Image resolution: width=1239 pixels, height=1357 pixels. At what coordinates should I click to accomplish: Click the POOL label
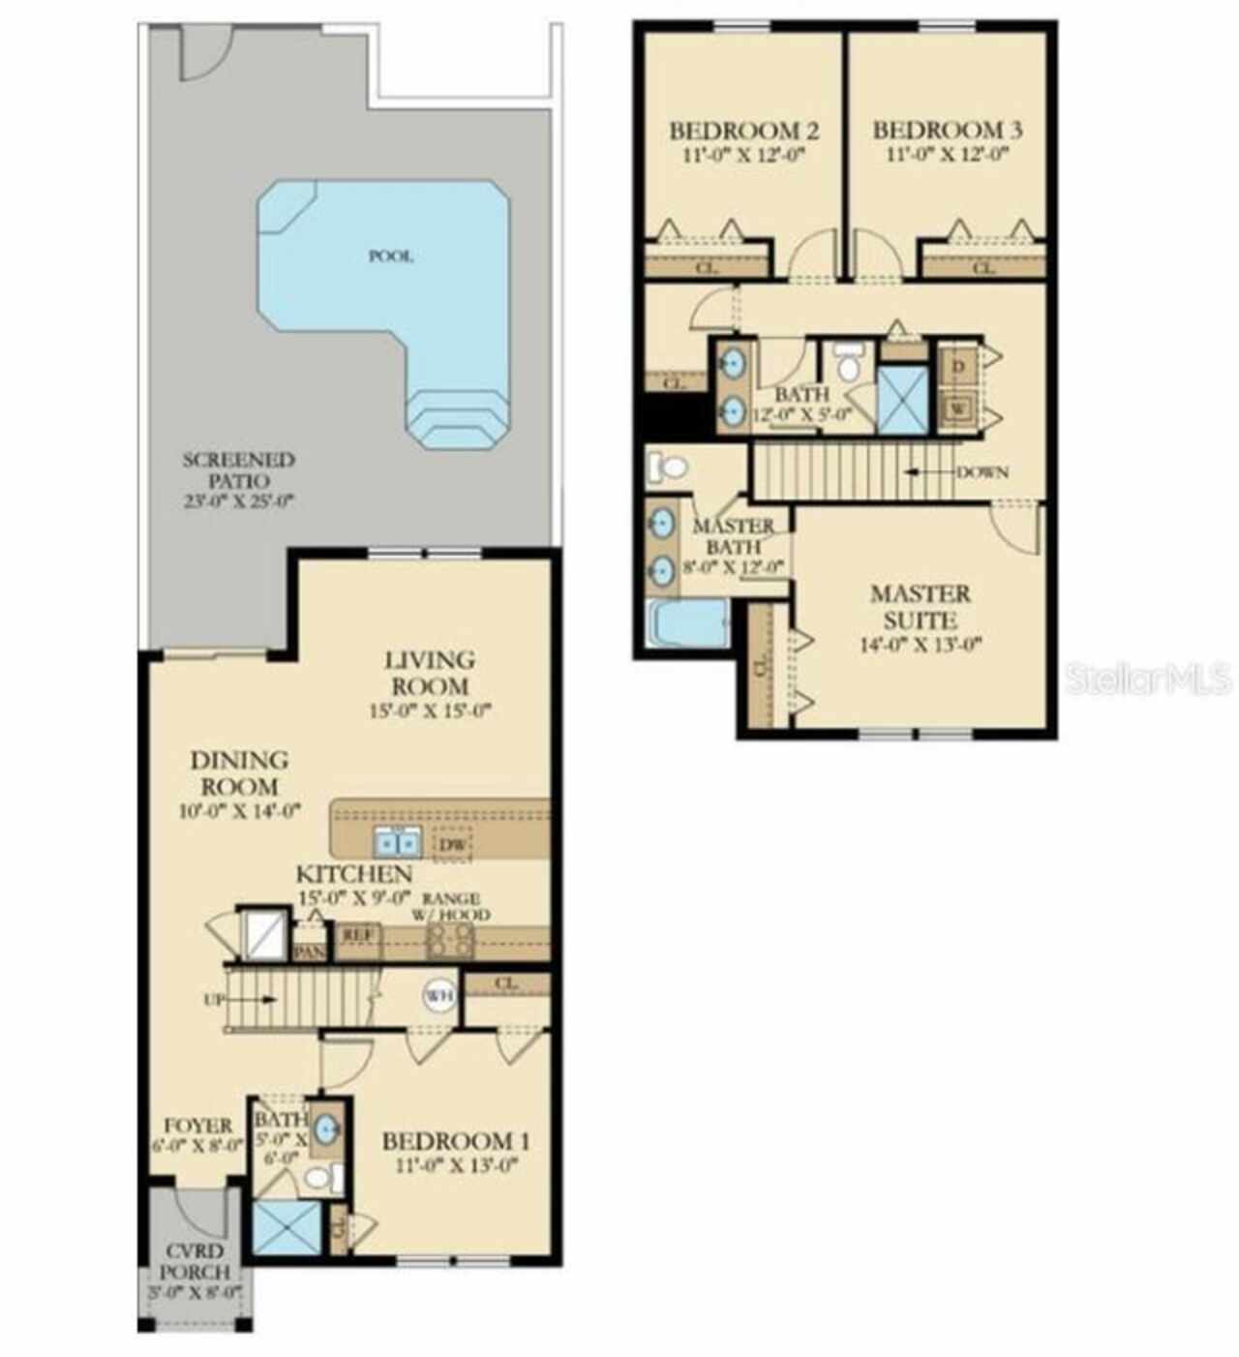click(x=391, y=256)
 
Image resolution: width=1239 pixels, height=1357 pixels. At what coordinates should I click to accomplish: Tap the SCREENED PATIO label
click(x=238, y=470)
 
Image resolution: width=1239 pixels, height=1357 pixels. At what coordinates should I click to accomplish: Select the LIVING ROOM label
click(x=430, y=673)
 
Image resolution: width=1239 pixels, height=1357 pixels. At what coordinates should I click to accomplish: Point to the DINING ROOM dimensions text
click(x=239, y=811)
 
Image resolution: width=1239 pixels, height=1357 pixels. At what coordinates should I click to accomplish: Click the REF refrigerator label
click(x=358, y=936)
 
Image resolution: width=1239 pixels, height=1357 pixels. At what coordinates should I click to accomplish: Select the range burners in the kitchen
click(x=450, y=939)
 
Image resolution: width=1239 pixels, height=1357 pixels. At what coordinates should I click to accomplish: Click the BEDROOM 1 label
click(x=455, y=1141)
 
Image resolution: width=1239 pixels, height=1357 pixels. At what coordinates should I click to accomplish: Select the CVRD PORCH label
click(x=195, y=1261)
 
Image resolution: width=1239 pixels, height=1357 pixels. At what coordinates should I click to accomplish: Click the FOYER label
click(x=197, y=1126)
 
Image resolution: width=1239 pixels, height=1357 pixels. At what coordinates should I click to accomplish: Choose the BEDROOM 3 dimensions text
click(x=947, y=154)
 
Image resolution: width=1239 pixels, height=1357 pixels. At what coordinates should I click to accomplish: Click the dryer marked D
click(x=958, y=367)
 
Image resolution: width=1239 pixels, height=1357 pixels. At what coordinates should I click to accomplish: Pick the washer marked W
click(x=958, y=409)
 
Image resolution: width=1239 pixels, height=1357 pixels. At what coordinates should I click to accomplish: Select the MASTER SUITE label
click(x=920, y=606)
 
